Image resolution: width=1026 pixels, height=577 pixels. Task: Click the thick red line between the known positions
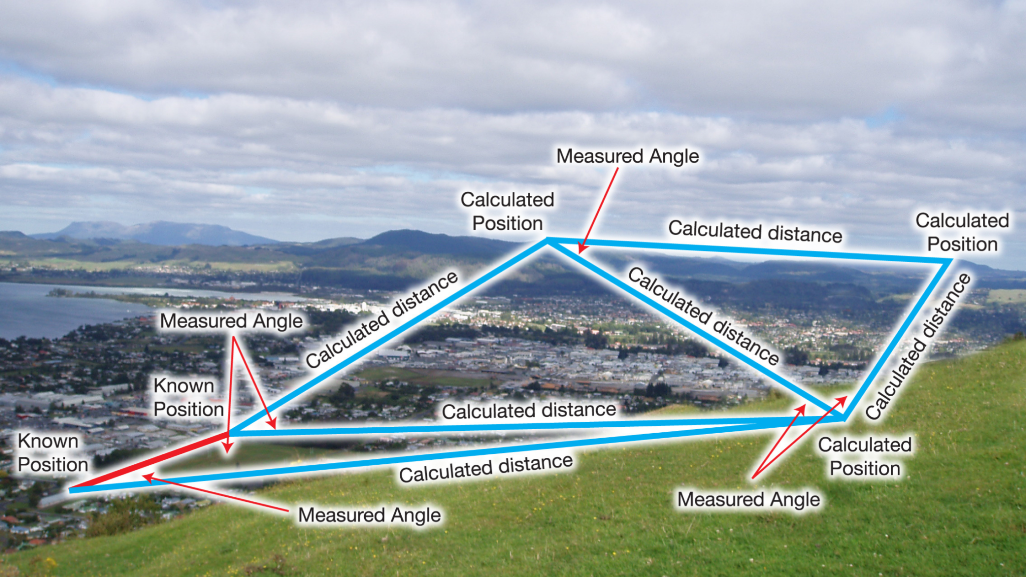149,461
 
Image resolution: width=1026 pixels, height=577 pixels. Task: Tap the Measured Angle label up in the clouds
628,156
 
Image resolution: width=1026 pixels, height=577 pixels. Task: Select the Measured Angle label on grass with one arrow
370,515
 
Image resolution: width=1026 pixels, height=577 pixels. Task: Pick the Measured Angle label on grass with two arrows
749,499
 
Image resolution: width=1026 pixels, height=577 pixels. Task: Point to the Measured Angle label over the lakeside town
231,321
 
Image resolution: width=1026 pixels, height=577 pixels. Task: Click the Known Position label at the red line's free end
53,453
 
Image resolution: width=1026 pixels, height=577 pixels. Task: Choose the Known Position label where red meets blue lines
188,397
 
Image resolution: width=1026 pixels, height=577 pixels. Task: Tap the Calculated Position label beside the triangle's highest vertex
507,211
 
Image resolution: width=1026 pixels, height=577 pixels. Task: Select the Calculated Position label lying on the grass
865,456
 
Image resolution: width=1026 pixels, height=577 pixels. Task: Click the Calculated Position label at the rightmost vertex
962,232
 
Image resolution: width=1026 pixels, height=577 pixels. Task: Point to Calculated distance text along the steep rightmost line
919,346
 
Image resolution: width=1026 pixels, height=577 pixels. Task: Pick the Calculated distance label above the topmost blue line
755,231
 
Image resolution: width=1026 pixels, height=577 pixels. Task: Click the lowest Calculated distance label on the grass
486,468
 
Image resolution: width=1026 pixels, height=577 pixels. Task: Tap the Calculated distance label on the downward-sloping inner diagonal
703,316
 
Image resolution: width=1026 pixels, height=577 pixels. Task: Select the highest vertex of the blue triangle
548,241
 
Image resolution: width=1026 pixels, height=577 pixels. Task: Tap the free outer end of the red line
71,489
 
